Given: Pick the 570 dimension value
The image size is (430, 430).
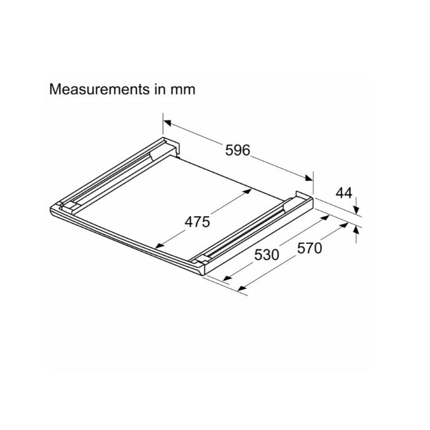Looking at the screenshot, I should [x=309, y=248].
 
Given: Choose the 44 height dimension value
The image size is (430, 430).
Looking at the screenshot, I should [x=344, y=193].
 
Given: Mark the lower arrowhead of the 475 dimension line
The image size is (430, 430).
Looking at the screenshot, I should [x=157, y=248].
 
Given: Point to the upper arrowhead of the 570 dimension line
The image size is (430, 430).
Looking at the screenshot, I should [x=338, y=227].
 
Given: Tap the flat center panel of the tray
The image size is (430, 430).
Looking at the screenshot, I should [x=184, y=203].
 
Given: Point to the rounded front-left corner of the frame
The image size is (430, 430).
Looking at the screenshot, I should [x=52, y=211].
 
